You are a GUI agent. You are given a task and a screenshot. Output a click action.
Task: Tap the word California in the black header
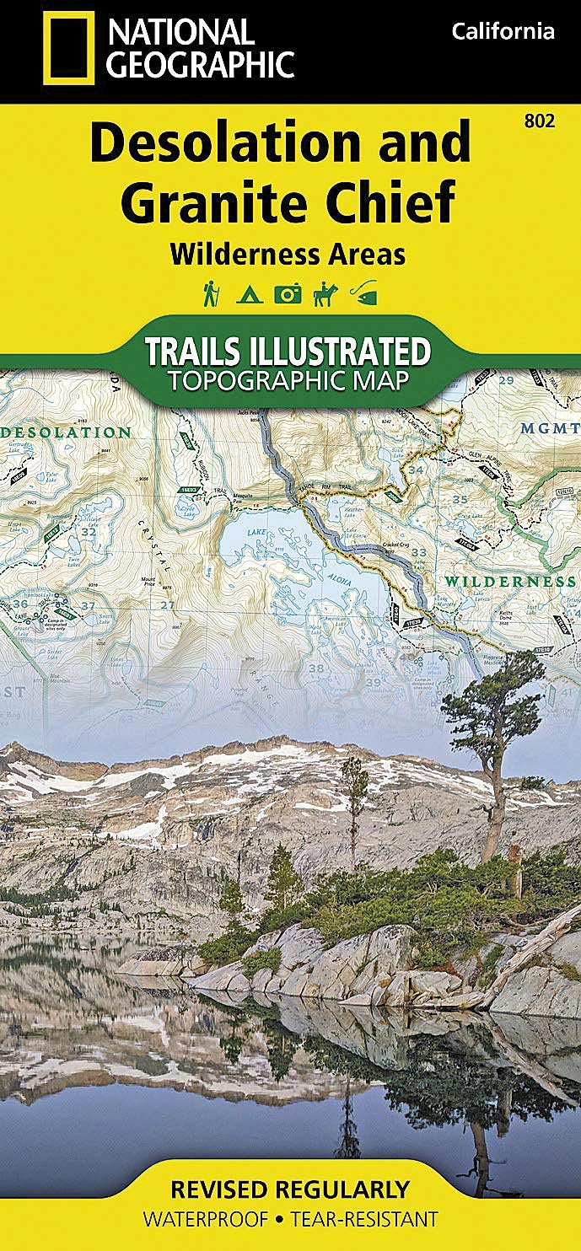[x=503, y=32]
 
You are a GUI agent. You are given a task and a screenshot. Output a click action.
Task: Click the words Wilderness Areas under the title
[x=288, y=254]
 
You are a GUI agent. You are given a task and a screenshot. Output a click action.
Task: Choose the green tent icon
[x=250, y=294]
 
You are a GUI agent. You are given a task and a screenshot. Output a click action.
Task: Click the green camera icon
[x=287, y=294]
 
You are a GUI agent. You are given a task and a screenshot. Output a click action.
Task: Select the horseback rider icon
[x=325, y=293]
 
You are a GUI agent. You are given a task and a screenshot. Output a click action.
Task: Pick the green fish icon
[x=364, y=294]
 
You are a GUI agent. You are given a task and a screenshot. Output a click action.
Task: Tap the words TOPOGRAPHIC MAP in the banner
[x=289, y=380]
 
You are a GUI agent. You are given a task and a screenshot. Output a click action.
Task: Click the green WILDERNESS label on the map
[x=510, y=582]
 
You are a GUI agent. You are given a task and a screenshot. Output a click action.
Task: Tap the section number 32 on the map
[x=88, y=532]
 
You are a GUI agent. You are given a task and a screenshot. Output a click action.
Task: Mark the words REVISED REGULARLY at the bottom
[x=289, y=1189]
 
